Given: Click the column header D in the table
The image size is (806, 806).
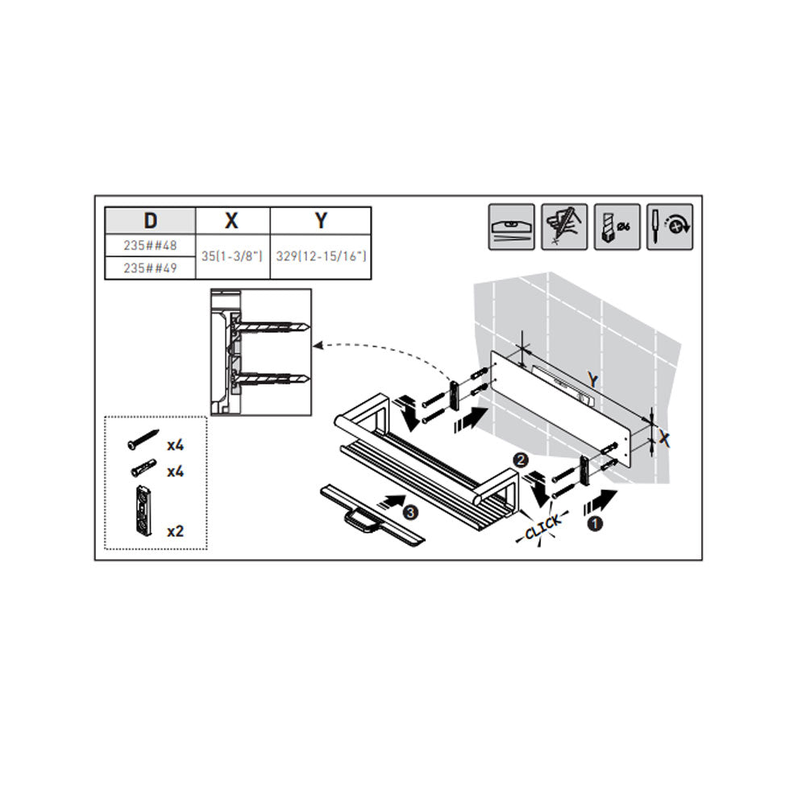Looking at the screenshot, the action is coord(150,221).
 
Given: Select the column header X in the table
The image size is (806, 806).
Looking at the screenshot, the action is coord(232,221).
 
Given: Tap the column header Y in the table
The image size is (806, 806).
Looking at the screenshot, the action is coord(322,221).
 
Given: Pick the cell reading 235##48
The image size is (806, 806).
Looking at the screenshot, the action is coord(150,246).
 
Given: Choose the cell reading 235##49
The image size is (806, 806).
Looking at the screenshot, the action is coord(150,268).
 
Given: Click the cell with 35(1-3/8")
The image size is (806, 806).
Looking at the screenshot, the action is coord(232,256).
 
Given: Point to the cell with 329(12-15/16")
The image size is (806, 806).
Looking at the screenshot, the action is coord(322,256).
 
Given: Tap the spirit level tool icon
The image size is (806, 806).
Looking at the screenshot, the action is coord(512,227).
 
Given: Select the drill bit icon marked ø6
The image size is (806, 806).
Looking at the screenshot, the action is coord(617,227).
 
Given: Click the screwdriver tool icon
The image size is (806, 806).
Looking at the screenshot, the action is coord(670,227).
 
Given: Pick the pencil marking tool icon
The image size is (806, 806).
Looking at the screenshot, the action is coord(564,227).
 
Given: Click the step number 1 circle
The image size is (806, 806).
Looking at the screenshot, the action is coord(595,525).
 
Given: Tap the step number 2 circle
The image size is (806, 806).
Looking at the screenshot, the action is coord(521,460).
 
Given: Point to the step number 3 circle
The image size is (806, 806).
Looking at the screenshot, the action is coord(409,513).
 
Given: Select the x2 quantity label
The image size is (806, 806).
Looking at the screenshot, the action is coord(175,531).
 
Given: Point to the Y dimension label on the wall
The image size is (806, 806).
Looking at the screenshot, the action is coord(594,381).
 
